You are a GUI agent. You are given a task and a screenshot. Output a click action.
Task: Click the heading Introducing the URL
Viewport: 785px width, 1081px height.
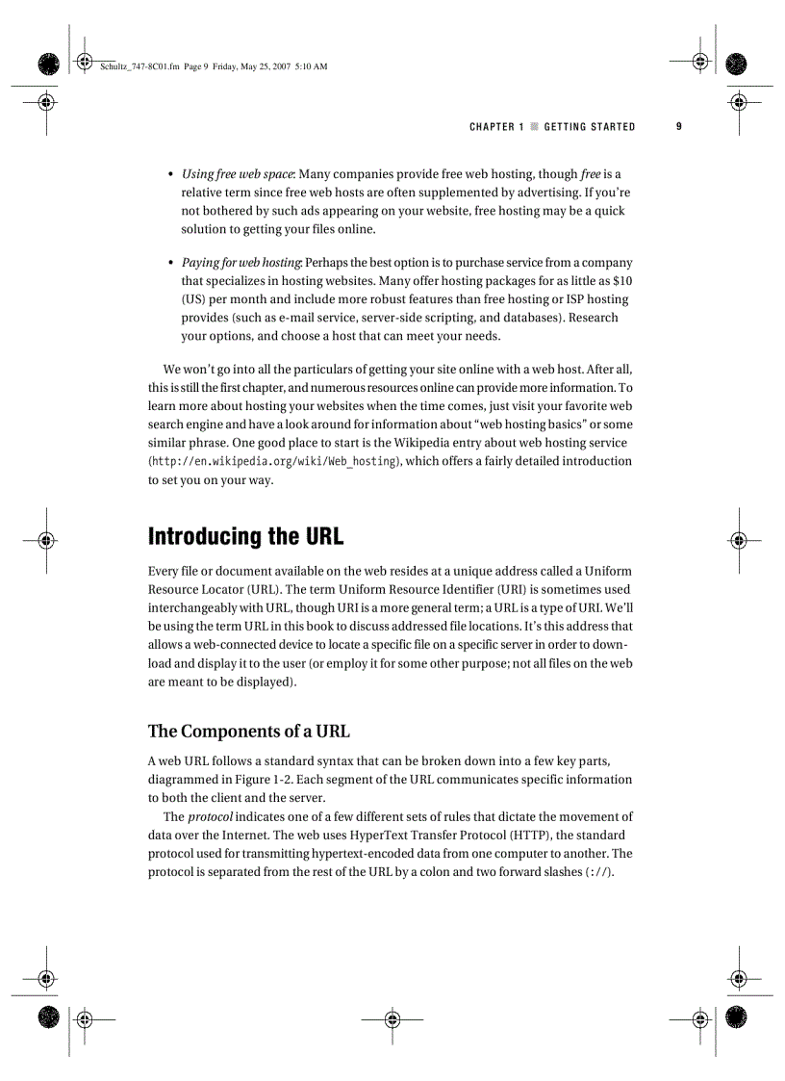(245, 536)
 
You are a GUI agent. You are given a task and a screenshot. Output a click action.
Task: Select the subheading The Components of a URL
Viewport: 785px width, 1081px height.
(248, 731)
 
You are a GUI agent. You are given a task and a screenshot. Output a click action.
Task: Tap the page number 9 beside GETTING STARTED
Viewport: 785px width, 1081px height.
(678, 126)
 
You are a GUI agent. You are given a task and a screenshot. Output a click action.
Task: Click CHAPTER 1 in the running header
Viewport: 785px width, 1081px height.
(496, 127)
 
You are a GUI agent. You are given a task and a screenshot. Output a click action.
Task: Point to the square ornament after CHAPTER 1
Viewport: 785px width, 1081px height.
(534, 127)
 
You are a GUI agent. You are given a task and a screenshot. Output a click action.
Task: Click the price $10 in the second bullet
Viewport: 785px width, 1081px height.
(622, 281)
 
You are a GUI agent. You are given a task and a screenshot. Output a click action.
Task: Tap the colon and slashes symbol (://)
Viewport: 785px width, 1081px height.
(598, 872)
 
